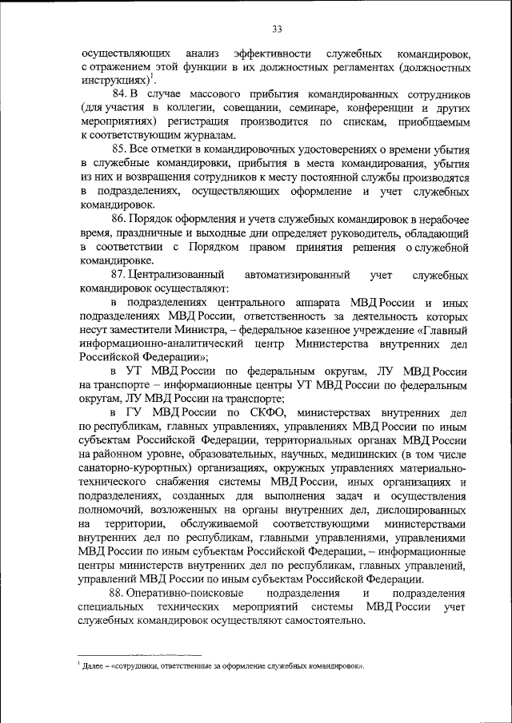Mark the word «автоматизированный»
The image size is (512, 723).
pyautogui.click(x=298, y=275)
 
